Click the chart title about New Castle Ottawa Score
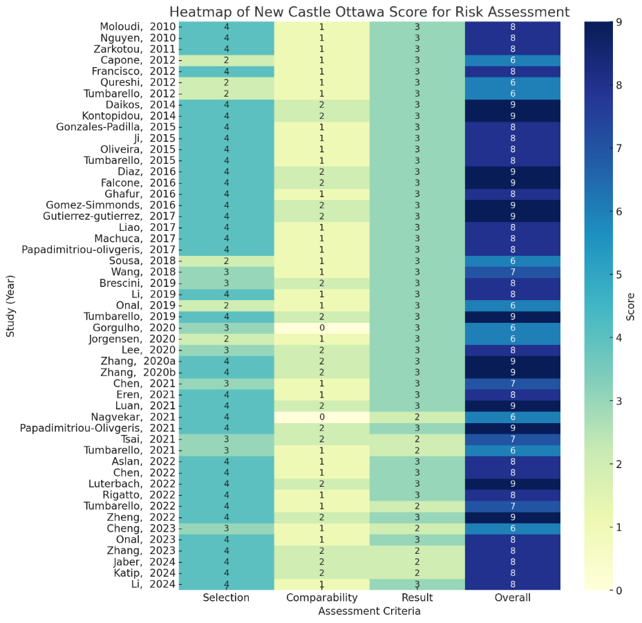coord(369,12)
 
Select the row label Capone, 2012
coord(133,60)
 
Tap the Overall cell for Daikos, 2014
coord(512,104)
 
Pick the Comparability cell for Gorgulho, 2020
coord(321,327)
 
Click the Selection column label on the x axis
coord(226,598)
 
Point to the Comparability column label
coord(321,598)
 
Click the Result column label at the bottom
coord(417,598)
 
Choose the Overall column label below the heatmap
coord(512,598)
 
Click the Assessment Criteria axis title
coord(369,611)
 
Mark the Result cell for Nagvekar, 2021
coord(417,416)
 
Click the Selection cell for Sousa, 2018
coord(226,261)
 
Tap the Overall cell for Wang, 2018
coord(512,272)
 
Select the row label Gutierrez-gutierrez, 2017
coord(110,216)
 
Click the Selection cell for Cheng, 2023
coord(226,528)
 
